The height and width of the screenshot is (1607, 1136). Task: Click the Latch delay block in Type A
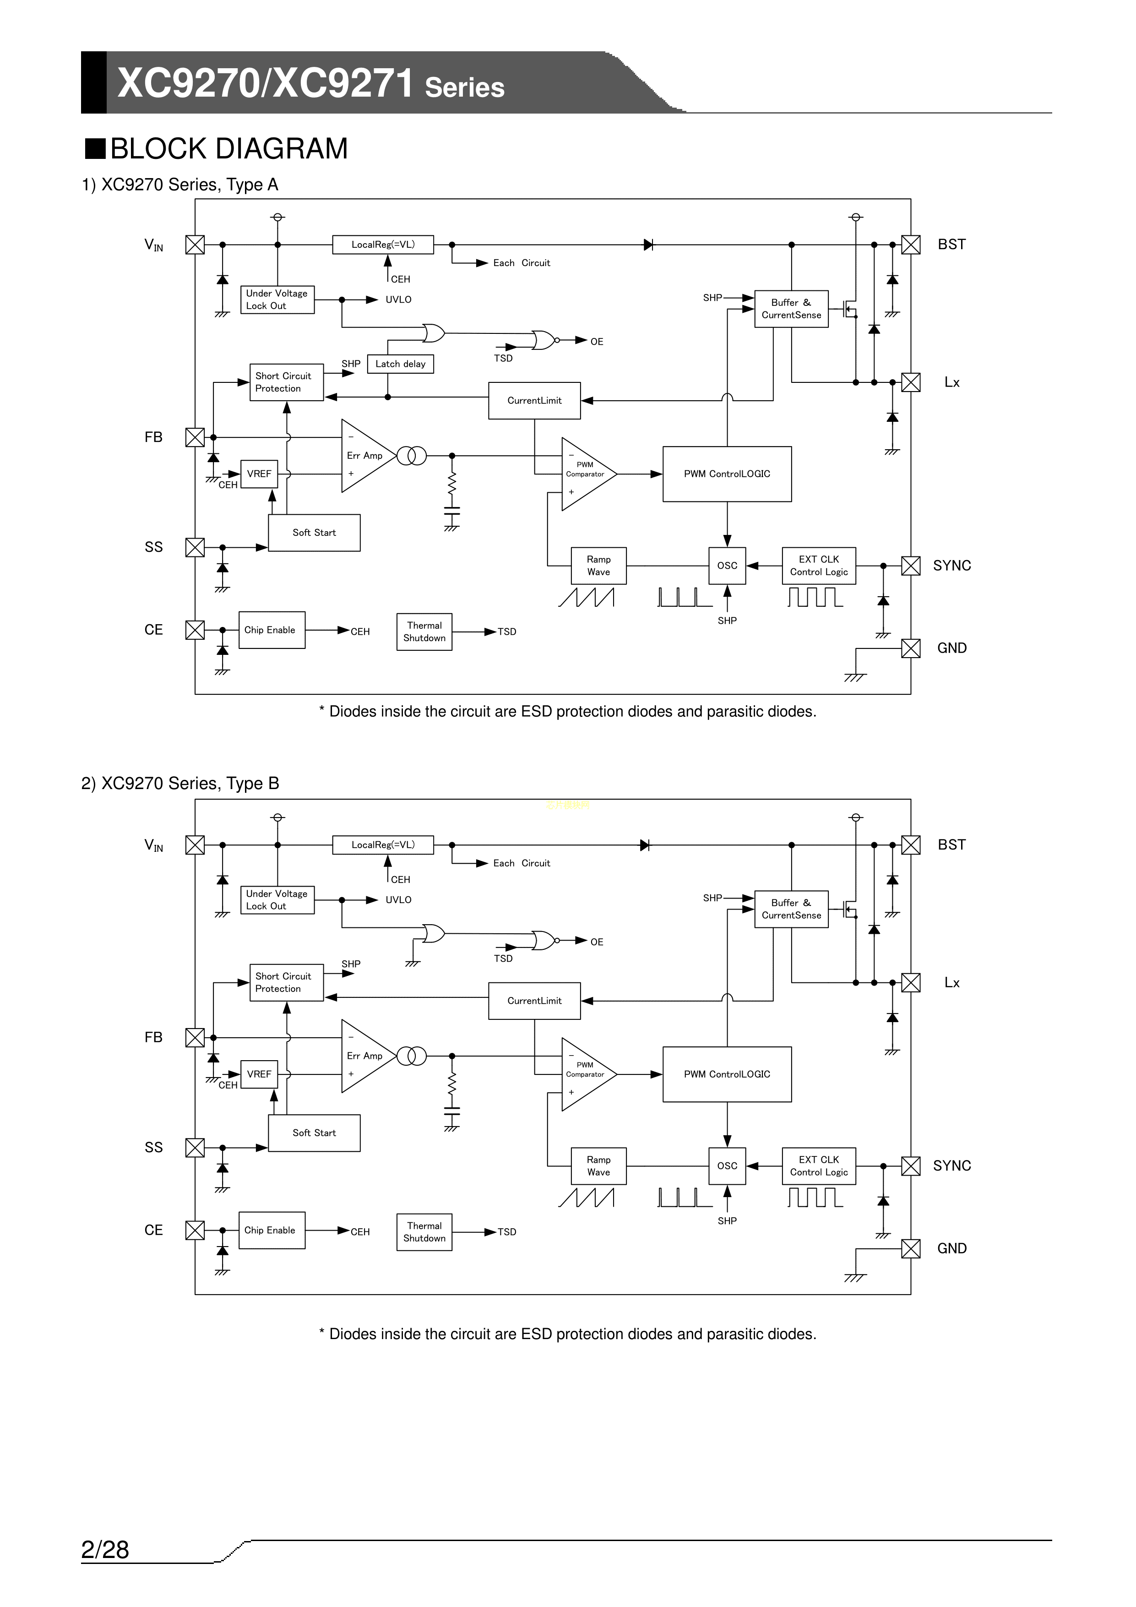(x=400, y=364)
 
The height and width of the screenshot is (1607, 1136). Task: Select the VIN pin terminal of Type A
(x=195, y=244)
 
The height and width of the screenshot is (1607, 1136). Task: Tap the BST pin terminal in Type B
(x=911, y=845)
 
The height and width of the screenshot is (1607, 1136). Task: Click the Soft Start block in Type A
(x=314, y=533)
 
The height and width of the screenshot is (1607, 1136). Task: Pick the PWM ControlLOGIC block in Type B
(x=727, y=1074)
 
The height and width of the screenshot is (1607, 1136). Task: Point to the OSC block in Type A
(x=727, y=566)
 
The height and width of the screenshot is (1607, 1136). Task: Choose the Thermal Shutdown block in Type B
(x=424, y=1232)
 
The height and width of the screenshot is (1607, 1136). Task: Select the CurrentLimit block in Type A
(x=535, y=400)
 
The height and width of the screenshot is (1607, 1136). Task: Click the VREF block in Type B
(x=259, y=1074)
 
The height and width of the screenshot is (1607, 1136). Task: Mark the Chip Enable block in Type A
(x=272, y=630)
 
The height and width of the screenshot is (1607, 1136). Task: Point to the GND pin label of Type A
(x=952, y=648)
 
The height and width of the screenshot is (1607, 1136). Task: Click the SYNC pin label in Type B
(x=952, y=1166)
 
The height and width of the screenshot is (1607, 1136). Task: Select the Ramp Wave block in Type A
(x=598, y=566)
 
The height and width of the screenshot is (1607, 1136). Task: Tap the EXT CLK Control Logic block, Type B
(x=819, y=1166)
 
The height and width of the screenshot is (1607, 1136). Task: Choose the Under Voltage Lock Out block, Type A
(x=277, y=300)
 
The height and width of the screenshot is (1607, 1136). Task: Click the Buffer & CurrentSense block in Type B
(x=792, y=909)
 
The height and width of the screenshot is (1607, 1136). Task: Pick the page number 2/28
(x=105, y=1550)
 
